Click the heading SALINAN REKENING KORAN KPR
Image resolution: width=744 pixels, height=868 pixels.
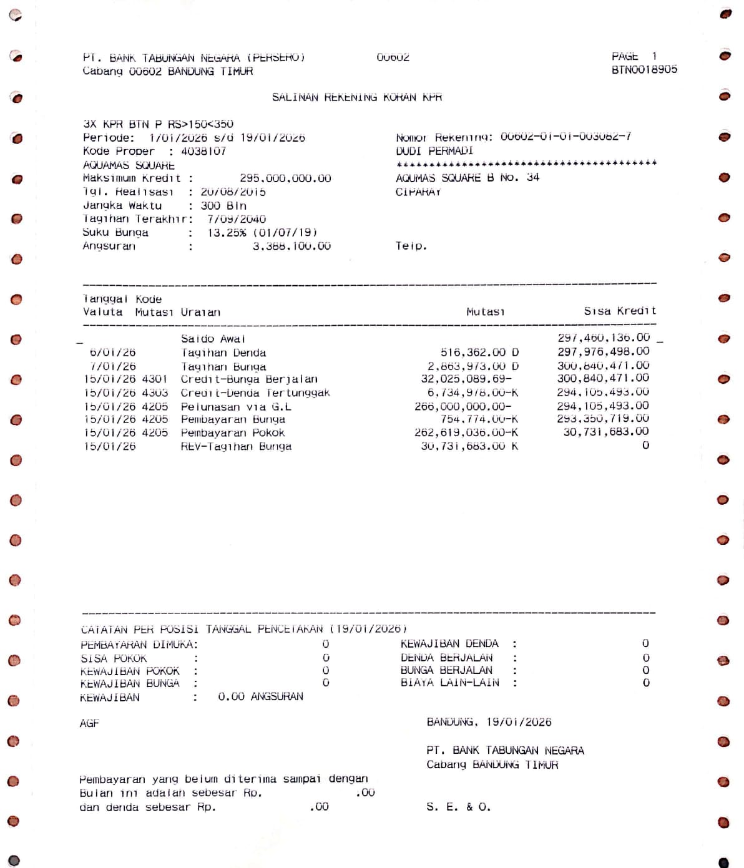pos(356,97)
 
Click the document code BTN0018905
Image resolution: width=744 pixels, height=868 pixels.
pos(644,70)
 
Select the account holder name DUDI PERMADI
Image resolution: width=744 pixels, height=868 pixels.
pos(434,151)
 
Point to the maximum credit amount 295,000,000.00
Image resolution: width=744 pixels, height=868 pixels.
pos(285,178)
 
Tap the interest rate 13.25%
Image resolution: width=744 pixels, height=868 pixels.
pos(227,233)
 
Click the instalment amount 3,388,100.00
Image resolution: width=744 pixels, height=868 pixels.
pos(291,246)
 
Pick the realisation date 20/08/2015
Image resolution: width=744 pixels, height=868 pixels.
pos(233,192)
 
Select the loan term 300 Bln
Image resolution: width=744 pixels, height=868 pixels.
pos(223,206)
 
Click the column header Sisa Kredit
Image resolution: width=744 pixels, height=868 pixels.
pos(620,311)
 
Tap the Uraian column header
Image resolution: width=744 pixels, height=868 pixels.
pos(200,312)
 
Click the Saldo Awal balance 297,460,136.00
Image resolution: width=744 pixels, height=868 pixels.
pos(604,338)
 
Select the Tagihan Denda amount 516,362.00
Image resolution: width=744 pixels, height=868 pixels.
pos(479,353)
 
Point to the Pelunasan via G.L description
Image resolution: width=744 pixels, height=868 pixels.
pos(236,407)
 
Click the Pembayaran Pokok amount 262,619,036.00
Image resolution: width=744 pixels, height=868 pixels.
pos(466,433)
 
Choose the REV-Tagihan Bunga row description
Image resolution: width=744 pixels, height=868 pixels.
pos(236,447)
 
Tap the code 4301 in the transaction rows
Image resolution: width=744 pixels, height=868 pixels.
pos(155,379)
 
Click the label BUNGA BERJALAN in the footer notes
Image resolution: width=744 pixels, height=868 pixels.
pos(446,670)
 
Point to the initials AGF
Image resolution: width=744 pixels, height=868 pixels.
pos(89,723)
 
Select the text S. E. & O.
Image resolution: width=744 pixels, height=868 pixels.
pos(458,807)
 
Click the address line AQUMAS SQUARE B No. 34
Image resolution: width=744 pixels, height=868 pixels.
pos(467,178)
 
